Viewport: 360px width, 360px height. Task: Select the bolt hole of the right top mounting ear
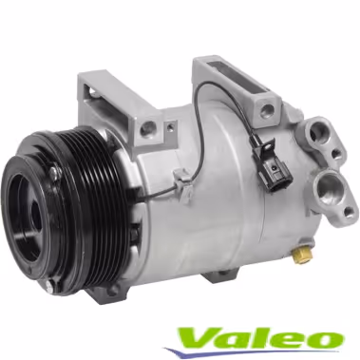tap(267, 109)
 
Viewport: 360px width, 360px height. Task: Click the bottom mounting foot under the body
tap(220, 276)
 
